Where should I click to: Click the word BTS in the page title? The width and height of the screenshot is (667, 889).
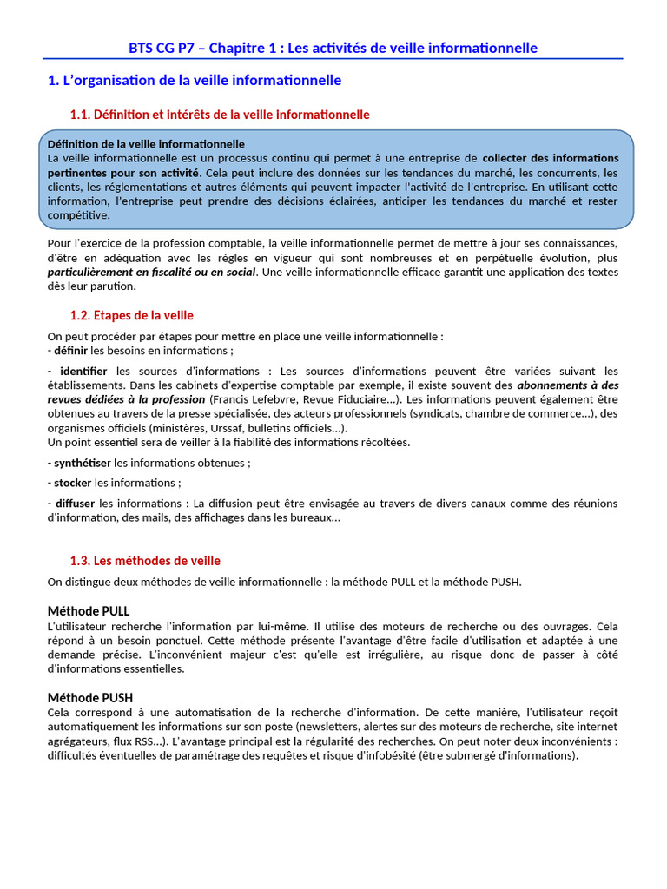[142, 48]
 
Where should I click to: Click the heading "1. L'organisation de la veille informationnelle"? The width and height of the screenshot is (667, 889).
[195, 81]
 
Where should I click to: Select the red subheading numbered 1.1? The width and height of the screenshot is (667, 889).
[220, 115]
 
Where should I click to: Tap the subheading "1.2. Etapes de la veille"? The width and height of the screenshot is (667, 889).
[131, 315]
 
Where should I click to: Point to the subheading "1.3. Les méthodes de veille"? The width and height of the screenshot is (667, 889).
[145, 561]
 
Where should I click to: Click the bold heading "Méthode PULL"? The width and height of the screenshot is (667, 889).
[89, 611]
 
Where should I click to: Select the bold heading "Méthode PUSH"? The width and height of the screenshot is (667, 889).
[90, 697]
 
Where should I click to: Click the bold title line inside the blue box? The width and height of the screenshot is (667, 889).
[146, 144]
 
